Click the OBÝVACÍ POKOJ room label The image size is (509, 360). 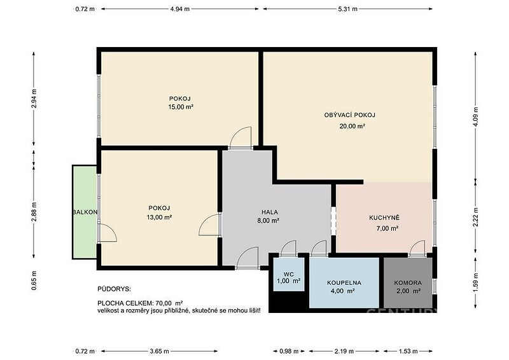click(x=349, y=115)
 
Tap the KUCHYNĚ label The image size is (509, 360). click(x=384, y=218)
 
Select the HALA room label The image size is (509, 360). click(x=270, y=212)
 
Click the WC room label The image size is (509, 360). click(x=289, y=274)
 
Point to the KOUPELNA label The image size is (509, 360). click(x=344, y=283)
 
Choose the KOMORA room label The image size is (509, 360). click(x=408, y=283)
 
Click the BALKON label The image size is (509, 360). click(x=85, y=212)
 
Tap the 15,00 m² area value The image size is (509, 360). click(x=181, y=107)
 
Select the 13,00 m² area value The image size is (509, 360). click(x=159, y=217)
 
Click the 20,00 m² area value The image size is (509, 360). click(x=352, y=127)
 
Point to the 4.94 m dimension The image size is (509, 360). click(x=180, y=9)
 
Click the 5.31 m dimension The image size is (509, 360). click(x=347, y=9)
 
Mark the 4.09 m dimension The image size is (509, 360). click(x=475, y=116)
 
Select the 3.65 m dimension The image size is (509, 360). click(x=160, y=351)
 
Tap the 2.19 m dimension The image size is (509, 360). click(x=344, y=351)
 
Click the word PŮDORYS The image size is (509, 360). click(x=114, y=289)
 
